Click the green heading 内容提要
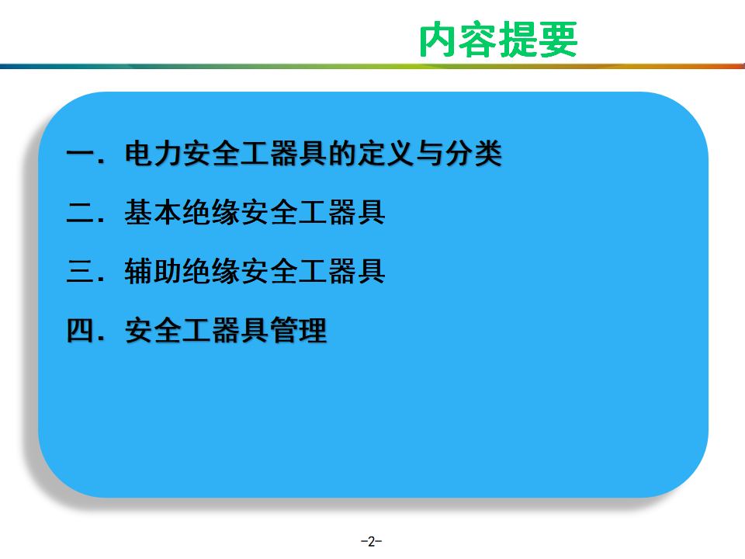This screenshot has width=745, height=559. click(498, 40)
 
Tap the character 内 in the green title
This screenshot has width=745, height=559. click(438, 40)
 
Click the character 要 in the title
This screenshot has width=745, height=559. click(558, 40)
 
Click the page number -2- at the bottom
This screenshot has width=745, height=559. click(372, 541)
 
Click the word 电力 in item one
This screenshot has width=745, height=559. click(153, 153)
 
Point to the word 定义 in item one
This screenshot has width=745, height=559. click(386, 153)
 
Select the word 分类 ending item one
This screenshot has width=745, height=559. click(473, 153)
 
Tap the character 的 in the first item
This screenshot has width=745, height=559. click(342, 153)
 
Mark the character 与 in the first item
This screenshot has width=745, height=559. click(429, 153)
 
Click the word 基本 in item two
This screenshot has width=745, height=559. click(153, 212)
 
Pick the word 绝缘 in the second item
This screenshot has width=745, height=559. click(211, 212)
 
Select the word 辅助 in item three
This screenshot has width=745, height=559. click(153, 271)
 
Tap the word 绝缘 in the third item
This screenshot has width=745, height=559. click(211, 271)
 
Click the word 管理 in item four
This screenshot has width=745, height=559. click(299, 331)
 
